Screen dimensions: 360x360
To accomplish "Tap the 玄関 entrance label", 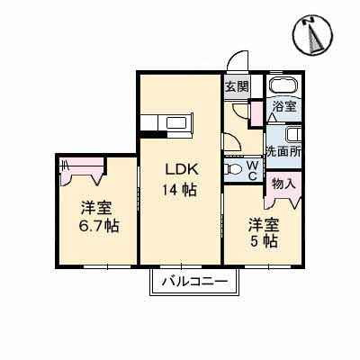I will (237, 87).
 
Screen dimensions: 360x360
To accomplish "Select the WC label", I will (253, 168).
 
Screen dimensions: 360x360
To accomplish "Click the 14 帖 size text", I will (178, 190).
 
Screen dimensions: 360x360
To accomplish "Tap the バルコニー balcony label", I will (194, 283).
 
